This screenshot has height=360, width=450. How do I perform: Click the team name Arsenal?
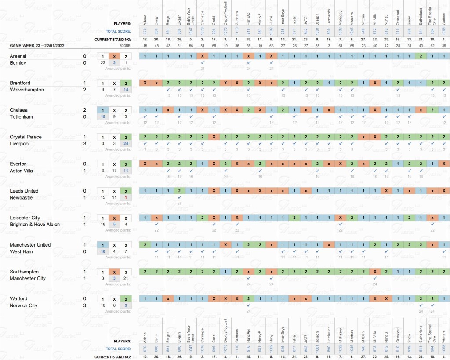click(18, 56)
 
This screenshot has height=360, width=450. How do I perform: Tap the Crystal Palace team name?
click(25, 137)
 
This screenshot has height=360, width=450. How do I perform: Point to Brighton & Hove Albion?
click(35, 224)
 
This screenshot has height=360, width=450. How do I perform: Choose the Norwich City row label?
click(23, 305)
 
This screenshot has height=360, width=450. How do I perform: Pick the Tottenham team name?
click(21, 116)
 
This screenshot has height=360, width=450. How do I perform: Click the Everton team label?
click(18, 164)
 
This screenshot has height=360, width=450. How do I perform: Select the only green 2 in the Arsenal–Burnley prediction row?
click(421, 56)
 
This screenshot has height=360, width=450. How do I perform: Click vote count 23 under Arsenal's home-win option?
click(102, 63)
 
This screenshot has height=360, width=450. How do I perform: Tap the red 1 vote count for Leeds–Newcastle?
click(126, 197)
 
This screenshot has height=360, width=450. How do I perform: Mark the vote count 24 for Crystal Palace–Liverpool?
click(126, 144)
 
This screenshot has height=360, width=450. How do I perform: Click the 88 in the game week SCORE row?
click(248, 46)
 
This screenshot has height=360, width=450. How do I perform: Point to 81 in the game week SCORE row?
click(179, 46)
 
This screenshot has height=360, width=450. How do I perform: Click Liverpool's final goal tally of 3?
click(84, 144)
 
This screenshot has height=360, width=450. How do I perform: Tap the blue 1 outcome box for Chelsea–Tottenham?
click(102, 110)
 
